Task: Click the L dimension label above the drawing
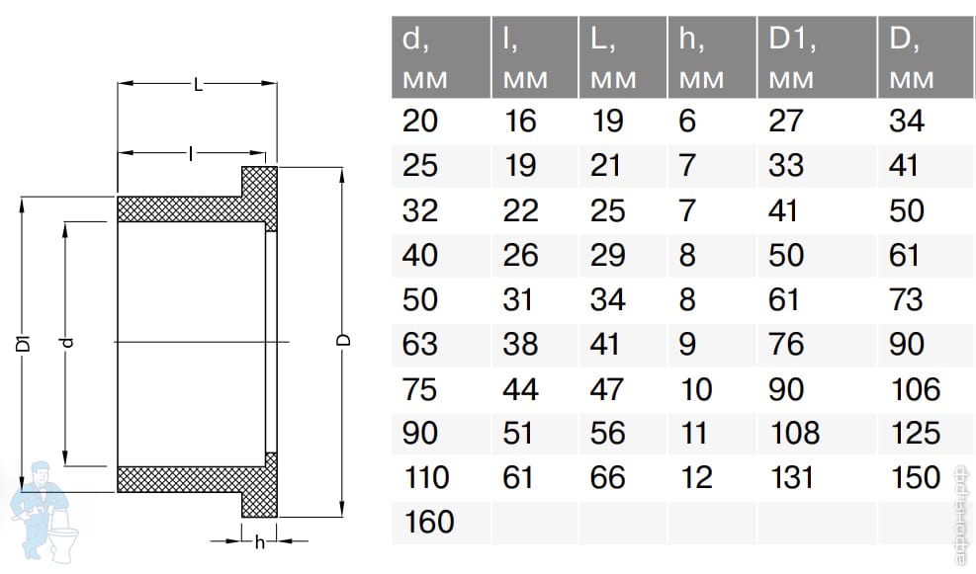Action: [198, 84]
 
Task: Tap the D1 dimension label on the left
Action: [23, 343]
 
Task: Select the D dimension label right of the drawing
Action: [343, 340]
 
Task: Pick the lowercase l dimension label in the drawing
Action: [191, 153]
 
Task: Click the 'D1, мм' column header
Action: [792, 58]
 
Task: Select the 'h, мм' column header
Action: [701, 58]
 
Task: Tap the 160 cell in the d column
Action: [429, 522]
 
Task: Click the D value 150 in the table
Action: [915, 477]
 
